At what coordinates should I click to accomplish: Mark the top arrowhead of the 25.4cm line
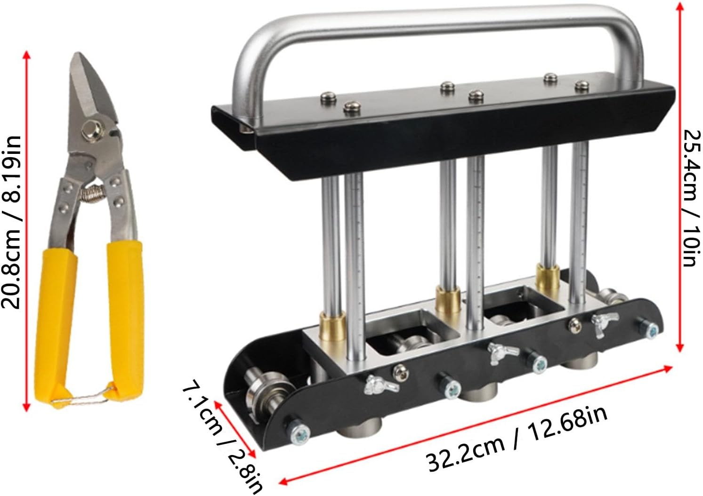[x=679, y=6]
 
